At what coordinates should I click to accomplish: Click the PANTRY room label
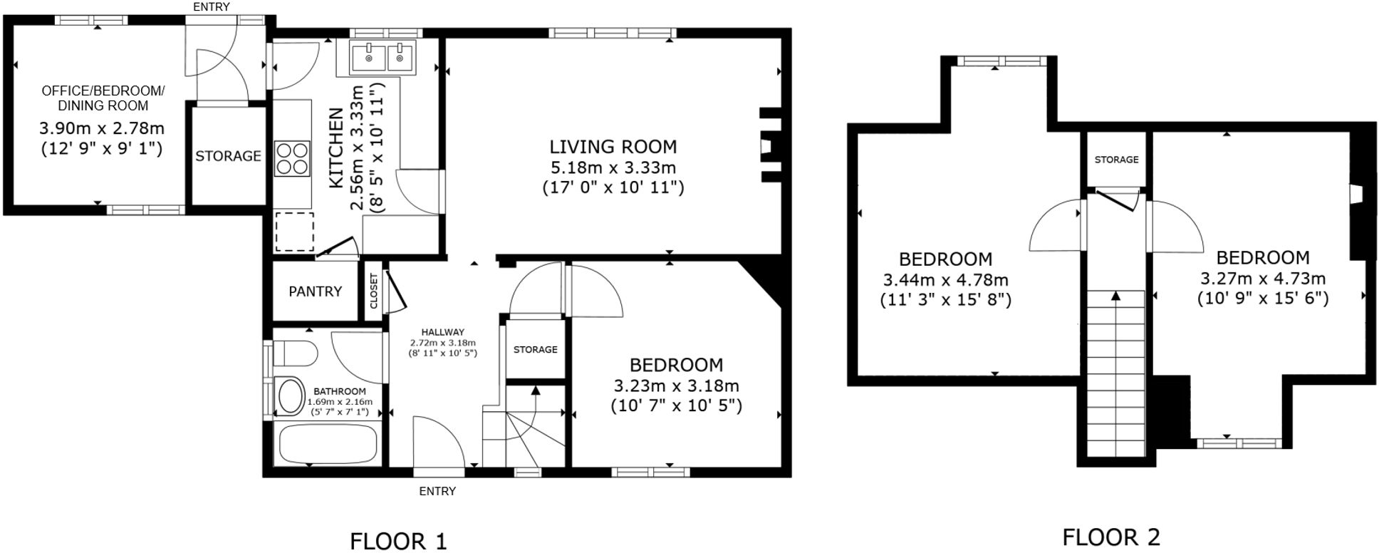pos(315,291)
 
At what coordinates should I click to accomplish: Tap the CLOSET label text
pos(373,291)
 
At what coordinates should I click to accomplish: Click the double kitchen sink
pos(383,57)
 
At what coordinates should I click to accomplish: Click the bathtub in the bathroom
pos(327,444)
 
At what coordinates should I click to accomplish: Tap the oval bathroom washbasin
pos(289,397)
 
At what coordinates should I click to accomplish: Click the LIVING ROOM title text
pos(613,147)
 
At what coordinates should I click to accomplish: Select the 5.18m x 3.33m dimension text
pos(613,168)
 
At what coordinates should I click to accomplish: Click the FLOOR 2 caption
pos(1110,537)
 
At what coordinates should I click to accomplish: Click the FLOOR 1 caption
pos(398,541)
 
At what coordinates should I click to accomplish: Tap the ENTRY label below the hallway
pos(437,491)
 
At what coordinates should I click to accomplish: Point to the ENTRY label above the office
pos(212,7)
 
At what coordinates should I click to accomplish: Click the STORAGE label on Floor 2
pos(1116,160)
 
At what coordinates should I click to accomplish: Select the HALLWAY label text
pos(442,332)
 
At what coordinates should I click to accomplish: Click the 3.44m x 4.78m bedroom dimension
pos(945,280)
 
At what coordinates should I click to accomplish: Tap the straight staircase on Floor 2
pos(1115,374)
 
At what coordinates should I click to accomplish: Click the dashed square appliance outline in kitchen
pos(294,232)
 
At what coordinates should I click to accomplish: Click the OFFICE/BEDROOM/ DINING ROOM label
pos(103,98)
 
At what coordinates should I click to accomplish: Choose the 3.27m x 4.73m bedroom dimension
pos(1262,279)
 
